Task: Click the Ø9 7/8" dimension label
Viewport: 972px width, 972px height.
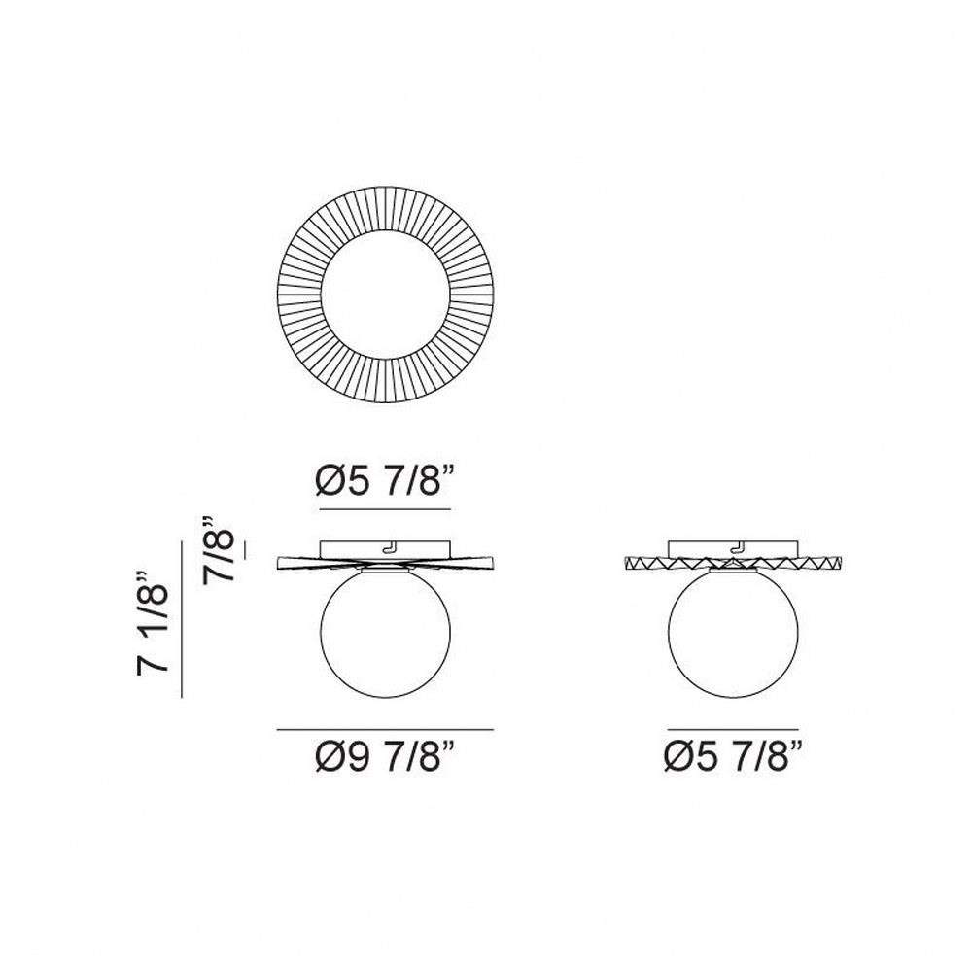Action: (386, 757)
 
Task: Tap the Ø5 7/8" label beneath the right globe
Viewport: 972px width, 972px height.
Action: (734, 757)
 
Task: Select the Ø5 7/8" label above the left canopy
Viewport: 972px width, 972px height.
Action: (386, 481)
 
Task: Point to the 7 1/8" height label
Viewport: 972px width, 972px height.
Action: (153, 622)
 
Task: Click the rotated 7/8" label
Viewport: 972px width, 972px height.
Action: (218, 548)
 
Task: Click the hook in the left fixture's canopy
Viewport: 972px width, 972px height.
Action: (390, 546)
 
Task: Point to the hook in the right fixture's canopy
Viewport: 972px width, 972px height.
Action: (738, 546)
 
